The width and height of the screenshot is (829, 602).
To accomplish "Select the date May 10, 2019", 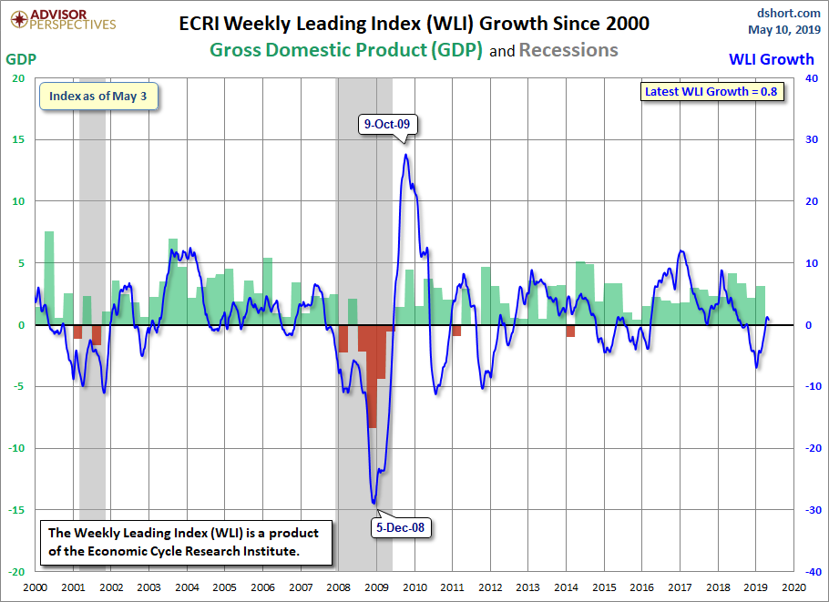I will coord(785,29).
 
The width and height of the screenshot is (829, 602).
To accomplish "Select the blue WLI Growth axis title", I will coord(772,59).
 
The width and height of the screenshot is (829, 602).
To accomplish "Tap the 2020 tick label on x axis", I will coord(792,588).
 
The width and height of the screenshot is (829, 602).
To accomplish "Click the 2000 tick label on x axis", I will coord(35,588).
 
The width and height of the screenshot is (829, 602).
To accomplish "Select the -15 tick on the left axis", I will coord(17,510).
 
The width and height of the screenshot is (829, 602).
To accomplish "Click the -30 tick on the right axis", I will coord(807,510).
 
